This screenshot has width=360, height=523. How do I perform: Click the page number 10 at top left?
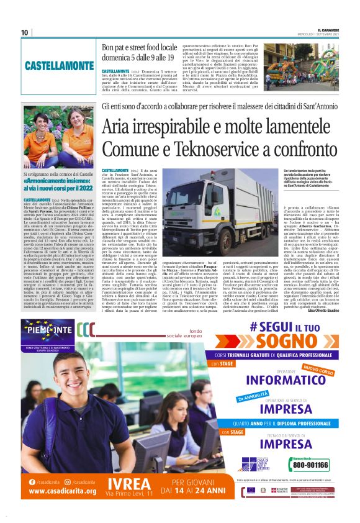pos(25,32)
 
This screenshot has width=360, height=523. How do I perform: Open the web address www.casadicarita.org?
pos(62,491)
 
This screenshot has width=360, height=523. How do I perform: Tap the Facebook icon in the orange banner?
pos(32,481)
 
